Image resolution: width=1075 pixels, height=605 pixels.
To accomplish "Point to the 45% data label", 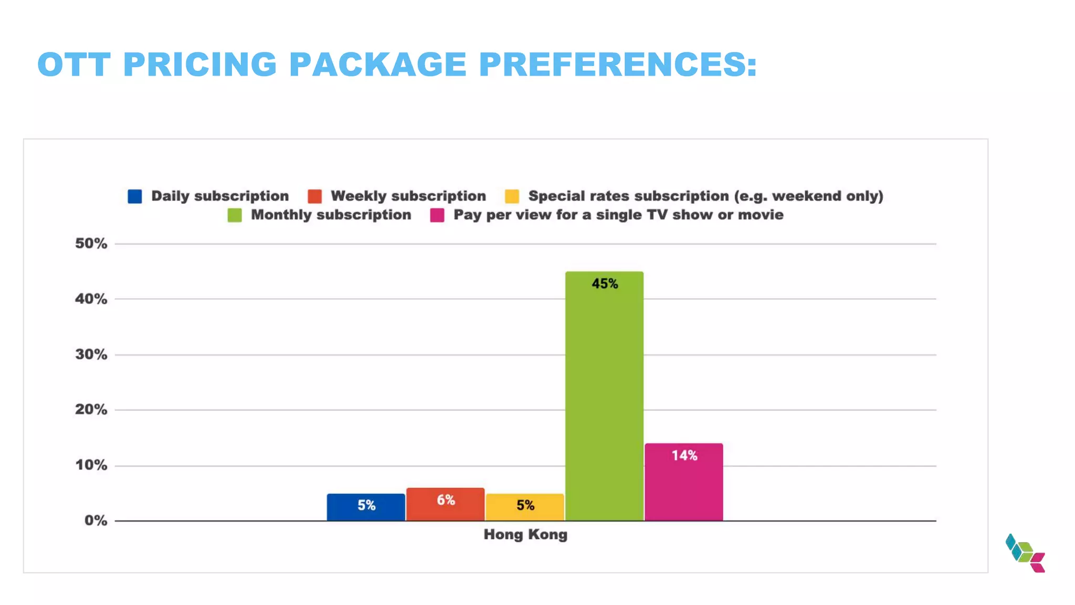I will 605,284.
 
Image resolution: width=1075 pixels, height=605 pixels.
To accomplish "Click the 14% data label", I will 684,456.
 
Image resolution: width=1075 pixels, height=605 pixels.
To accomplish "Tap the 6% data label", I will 446,500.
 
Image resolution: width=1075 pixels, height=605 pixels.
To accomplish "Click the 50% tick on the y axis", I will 91,244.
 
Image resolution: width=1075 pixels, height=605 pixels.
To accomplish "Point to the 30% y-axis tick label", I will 91,354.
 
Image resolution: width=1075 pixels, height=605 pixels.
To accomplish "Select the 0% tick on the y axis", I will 96,520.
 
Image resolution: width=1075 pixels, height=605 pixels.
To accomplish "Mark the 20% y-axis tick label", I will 91,410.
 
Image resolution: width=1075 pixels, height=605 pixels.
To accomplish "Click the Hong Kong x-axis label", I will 525,535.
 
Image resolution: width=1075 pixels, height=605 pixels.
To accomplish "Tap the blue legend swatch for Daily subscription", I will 135,196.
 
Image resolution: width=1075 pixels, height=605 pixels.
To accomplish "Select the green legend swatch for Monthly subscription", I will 235,215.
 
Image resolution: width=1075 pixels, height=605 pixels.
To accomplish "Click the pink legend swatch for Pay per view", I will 437,215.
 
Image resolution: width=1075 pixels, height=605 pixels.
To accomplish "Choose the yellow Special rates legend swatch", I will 512,196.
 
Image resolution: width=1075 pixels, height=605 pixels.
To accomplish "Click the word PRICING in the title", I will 199,65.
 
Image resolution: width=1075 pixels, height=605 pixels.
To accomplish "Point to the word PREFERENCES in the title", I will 618,65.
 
